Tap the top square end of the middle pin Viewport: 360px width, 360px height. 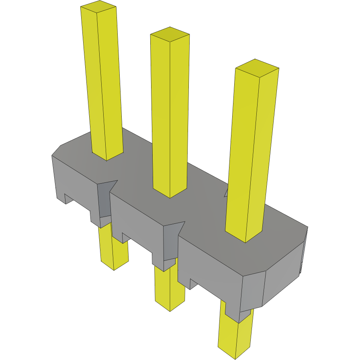170,35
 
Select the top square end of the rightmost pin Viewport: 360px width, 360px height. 257,67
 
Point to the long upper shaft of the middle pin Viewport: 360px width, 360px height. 170,112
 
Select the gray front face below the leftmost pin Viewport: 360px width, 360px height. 76,185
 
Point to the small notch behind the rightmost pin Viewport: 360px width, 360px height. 226,192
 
